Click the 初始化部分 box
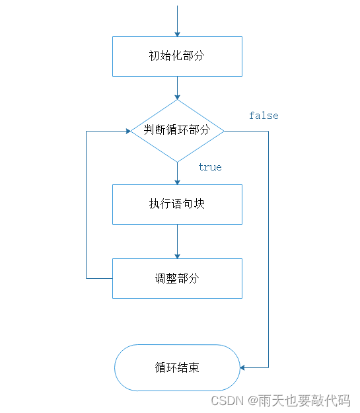click(177, 56)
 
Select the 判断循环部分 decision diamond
click(177, 130)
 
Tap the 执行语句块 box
click(177, 204)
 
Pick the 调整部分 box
click(177, 278)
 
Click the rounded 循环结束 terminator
click(177, 367)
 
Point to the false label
click(264, 116)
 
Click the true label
click(210, 167)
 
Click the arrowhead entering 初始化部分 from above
click(177, 33)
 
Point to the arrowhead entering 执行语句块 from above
click(177, 181)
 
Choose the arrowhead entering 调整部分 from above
click(177, 255)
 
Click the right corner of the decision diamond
click(225, 131)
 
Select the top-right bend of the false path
click(269, 131)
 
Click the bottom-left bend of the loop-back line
click(87, 278)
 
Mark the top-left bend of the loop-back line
click(87, 131)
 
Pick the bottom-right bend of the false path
click(269, 367)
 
